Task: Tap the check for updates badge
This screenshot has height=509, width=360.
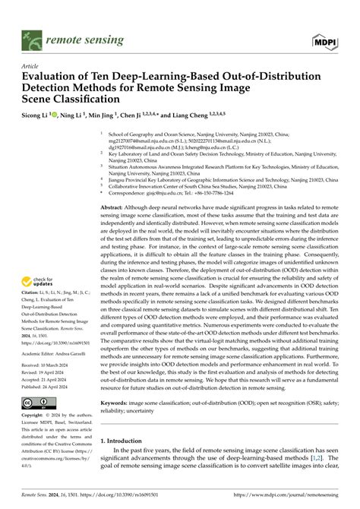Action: pos(38,282)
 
